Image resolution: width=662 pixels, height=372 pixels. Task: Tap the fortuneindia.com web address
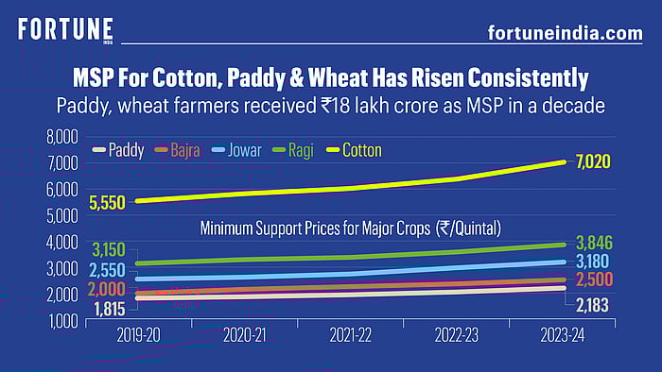(x=565, y=33)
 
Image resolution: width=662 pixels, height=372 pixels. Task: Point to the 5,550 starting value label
(x=108, y=202)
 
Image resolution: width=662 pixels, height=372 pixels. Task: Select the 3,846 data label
(x=594, y=243)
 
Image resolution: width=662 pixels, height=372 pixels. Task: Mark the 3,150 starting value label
(x=109, y=250)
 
